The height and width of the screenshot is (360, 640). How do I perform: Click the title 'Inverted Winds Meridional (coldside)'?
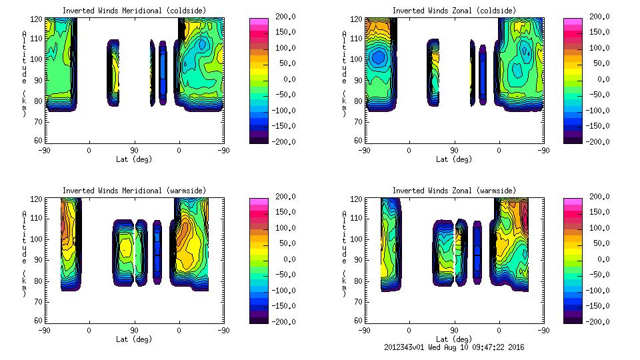(134, 11)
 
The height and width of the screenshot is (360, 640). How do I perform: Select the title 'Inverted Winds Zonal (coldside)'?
(454, 11)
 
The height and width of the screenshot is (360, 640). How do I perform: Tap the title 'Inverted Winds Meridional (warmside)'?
(134, 191)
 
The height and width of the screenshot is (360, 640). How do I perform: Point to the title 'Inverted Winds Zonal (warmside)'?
(454, 191)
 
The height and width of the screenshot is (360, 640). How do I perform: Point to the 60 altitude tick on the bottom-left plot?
(41, 321)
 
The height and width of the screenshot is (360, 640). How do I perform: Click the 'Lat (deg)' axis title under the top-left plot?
(134, 159)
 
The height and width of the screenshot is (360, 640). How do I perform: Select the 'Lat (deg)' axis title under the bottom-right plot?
(454, 339)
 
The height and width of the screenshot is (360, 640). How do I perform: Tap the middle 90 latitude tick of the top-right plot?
(454, 151)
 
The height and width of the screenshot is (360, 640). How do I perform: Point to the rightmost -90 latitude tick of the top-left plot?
(223, 151)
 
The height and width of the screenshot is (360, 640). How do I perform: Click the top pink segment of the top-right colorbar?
(573, 22)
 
